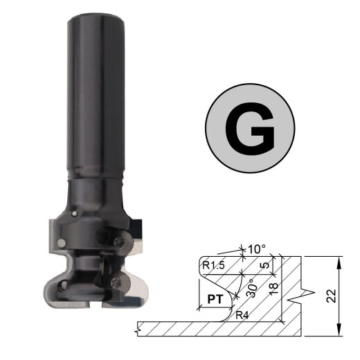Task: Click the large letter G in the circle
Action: (x=251, y=129)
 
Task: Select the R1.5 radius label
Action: (x=213, y=264)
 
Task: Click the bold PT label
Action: (x=215, y=300)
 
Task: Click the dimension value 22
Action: (x=332, y=295)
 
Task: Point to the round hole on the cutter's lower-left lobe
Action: (x=61, y=242)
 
